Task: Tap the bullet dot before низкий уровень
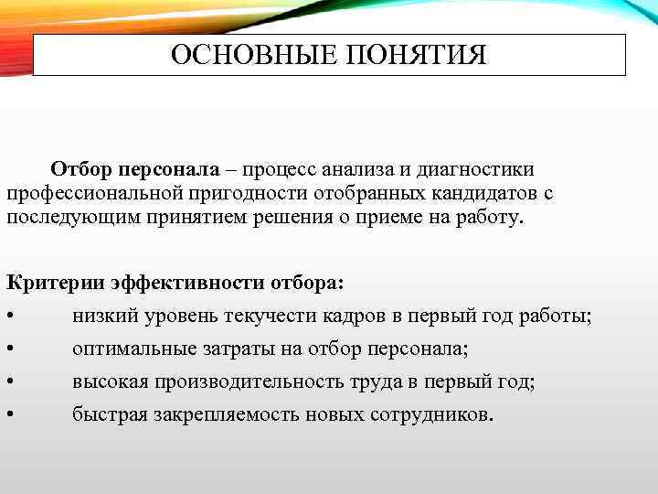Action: click(9, 317)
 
